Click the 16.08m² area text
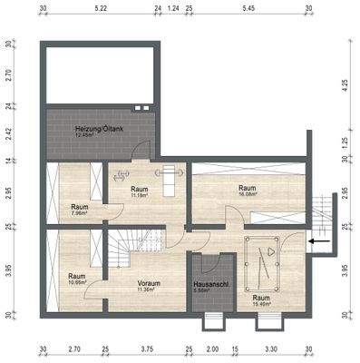(247, 193)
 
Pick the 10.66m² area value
(77, 282)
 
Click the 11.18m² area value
(139, 195)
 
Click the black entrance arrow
(317, 241)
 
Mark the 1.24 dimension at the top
(173, 7)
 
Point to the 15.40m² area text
(261, 305)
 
